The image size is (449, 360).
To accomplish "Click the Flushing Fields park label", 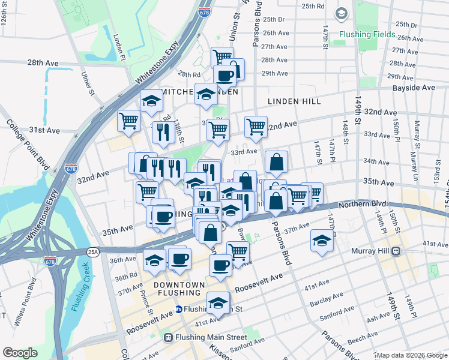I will click(367, 35).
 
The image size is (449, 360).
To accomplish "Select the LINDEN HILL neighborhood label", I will click(294, 102).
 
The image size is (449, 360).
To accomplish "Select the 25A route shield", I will click(92, 251).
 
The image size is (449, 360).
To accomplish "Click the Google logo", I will click(20, 353).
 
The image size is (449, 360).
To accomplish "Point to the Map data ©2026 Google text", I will click(411, 355).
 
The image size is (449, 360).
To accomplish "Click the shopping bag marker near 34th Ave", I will click(276, 161).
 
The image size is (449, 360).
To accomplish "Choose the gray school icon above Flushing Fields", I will click(341, 13).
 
